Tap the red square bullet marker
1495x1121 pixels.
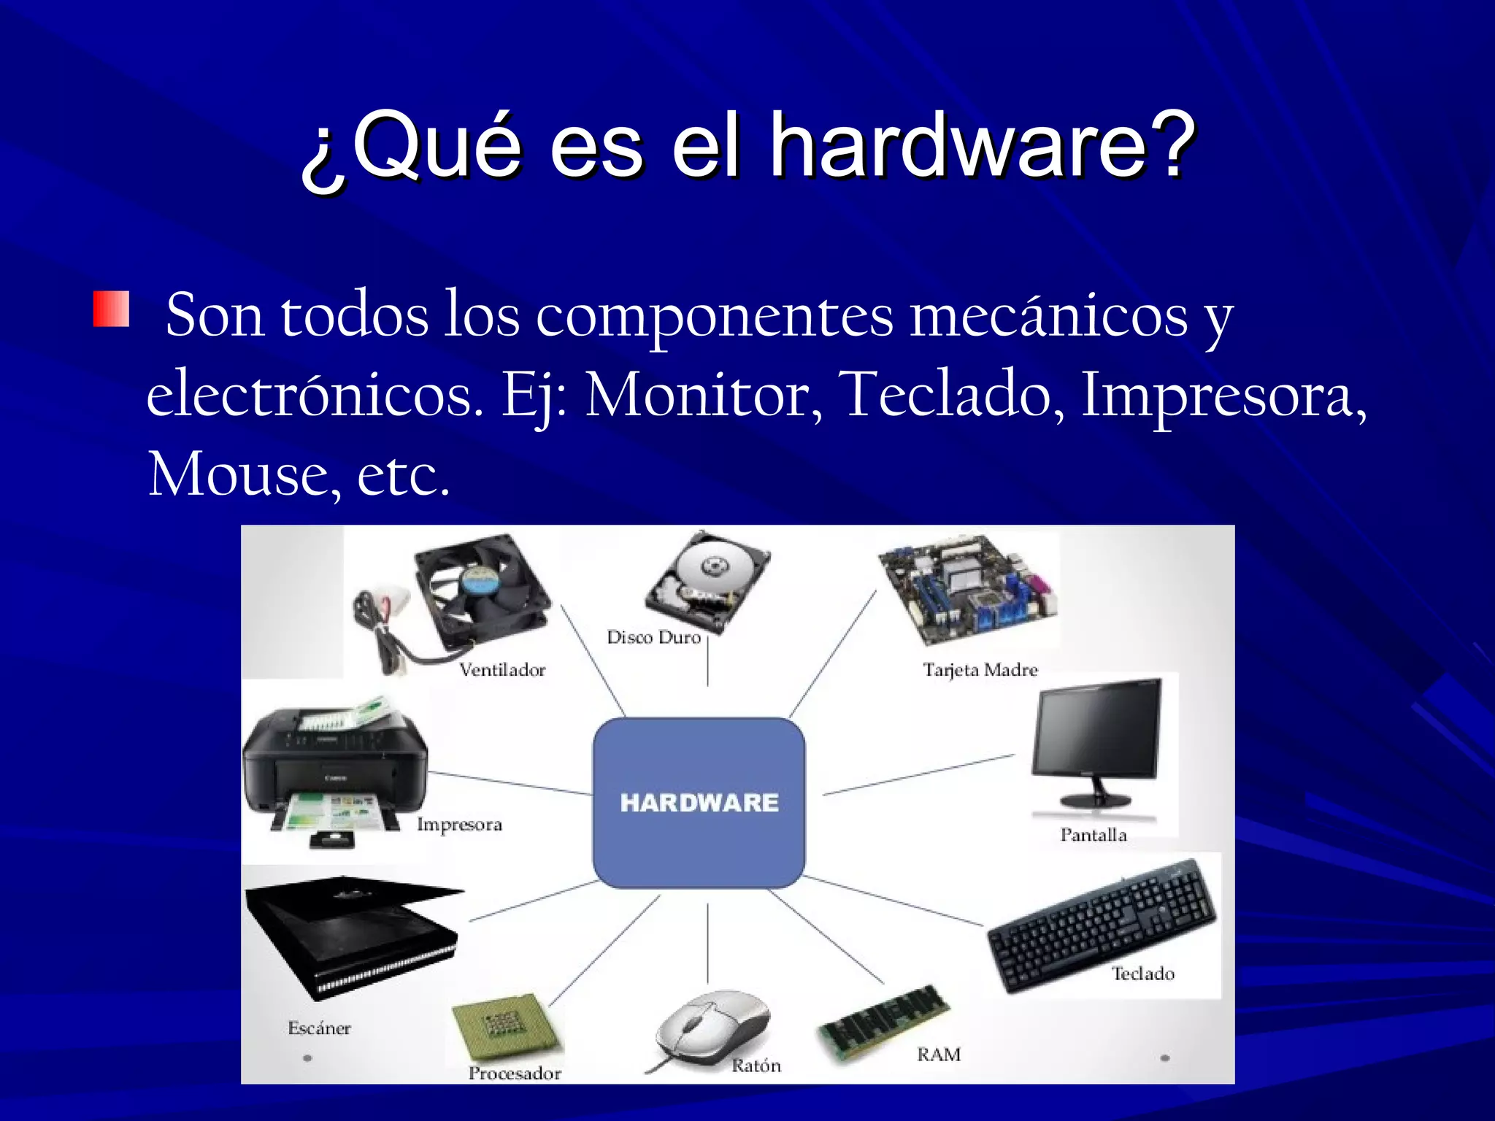pyautogui.click(x=111, y=309)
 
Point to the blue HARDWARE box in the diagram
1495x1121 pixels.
pyautogui.click(x=699, y=802)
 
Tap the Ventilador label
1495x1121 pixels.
pyautogui.click(x=502, y=670)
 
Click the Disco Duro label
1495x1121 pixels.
pyautogui.click(x=653, y=638)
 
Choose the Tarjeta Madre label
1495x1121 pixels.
pyautogui.click(x=980, y=670)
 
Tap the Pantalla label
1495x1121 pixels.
pyautogui.click(x=1093, y=835)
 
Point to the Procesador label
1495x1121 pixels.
pyautogui.click(x=515, y=1074)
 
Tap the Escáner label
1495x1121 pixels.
pyautogui.click(x=319, y=1028)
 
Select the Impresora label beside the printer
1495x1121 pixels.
pyautogui.click(x=459, y=825)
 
